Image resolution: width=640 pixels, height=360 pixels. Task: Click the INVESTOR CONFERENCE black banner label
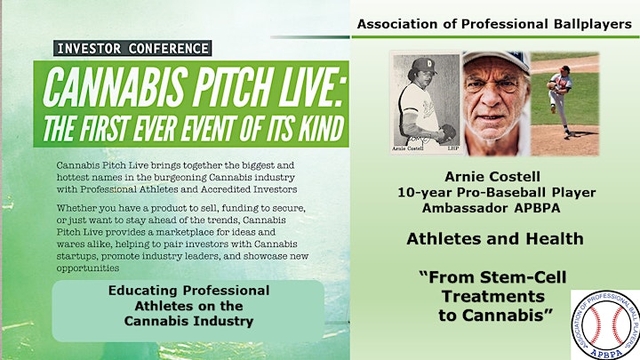132,48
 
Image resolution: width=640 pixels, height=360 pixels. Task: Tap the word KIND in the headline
321,128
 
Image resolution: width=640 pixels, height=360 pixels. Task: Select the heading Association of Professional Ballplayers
494,24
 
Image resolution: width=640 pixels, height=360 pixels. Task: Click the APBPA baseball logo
605,325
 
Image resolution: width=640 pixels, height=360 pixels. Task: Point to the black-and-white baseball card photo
426,102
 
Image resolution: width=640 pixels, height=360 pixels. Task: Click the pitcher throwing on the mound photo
564,103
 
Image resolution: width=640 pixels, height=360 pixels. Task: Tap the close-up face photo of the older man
495,103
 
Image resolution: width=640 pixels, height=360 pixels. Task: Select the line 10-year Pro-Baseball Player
497,192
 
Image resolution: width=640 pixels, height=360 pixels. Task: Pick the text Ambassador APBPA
491,208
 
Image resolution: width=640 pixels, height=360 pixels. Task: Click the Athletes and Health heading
495,239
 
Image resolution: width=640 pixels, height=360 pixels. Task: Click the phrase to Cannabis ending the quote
496,315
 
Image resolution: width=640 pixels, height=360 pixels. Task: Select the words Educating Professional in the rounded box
188,291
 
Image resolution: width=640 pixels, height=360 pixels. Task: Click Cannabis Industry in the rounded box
188,321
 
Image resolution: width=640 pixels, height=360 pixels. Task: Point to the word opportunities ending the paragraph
88,268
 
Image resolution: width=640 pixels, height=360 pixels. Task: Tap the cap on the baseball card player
423,65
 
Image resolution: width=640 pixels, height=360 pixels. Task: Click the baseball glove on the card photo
448,133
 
